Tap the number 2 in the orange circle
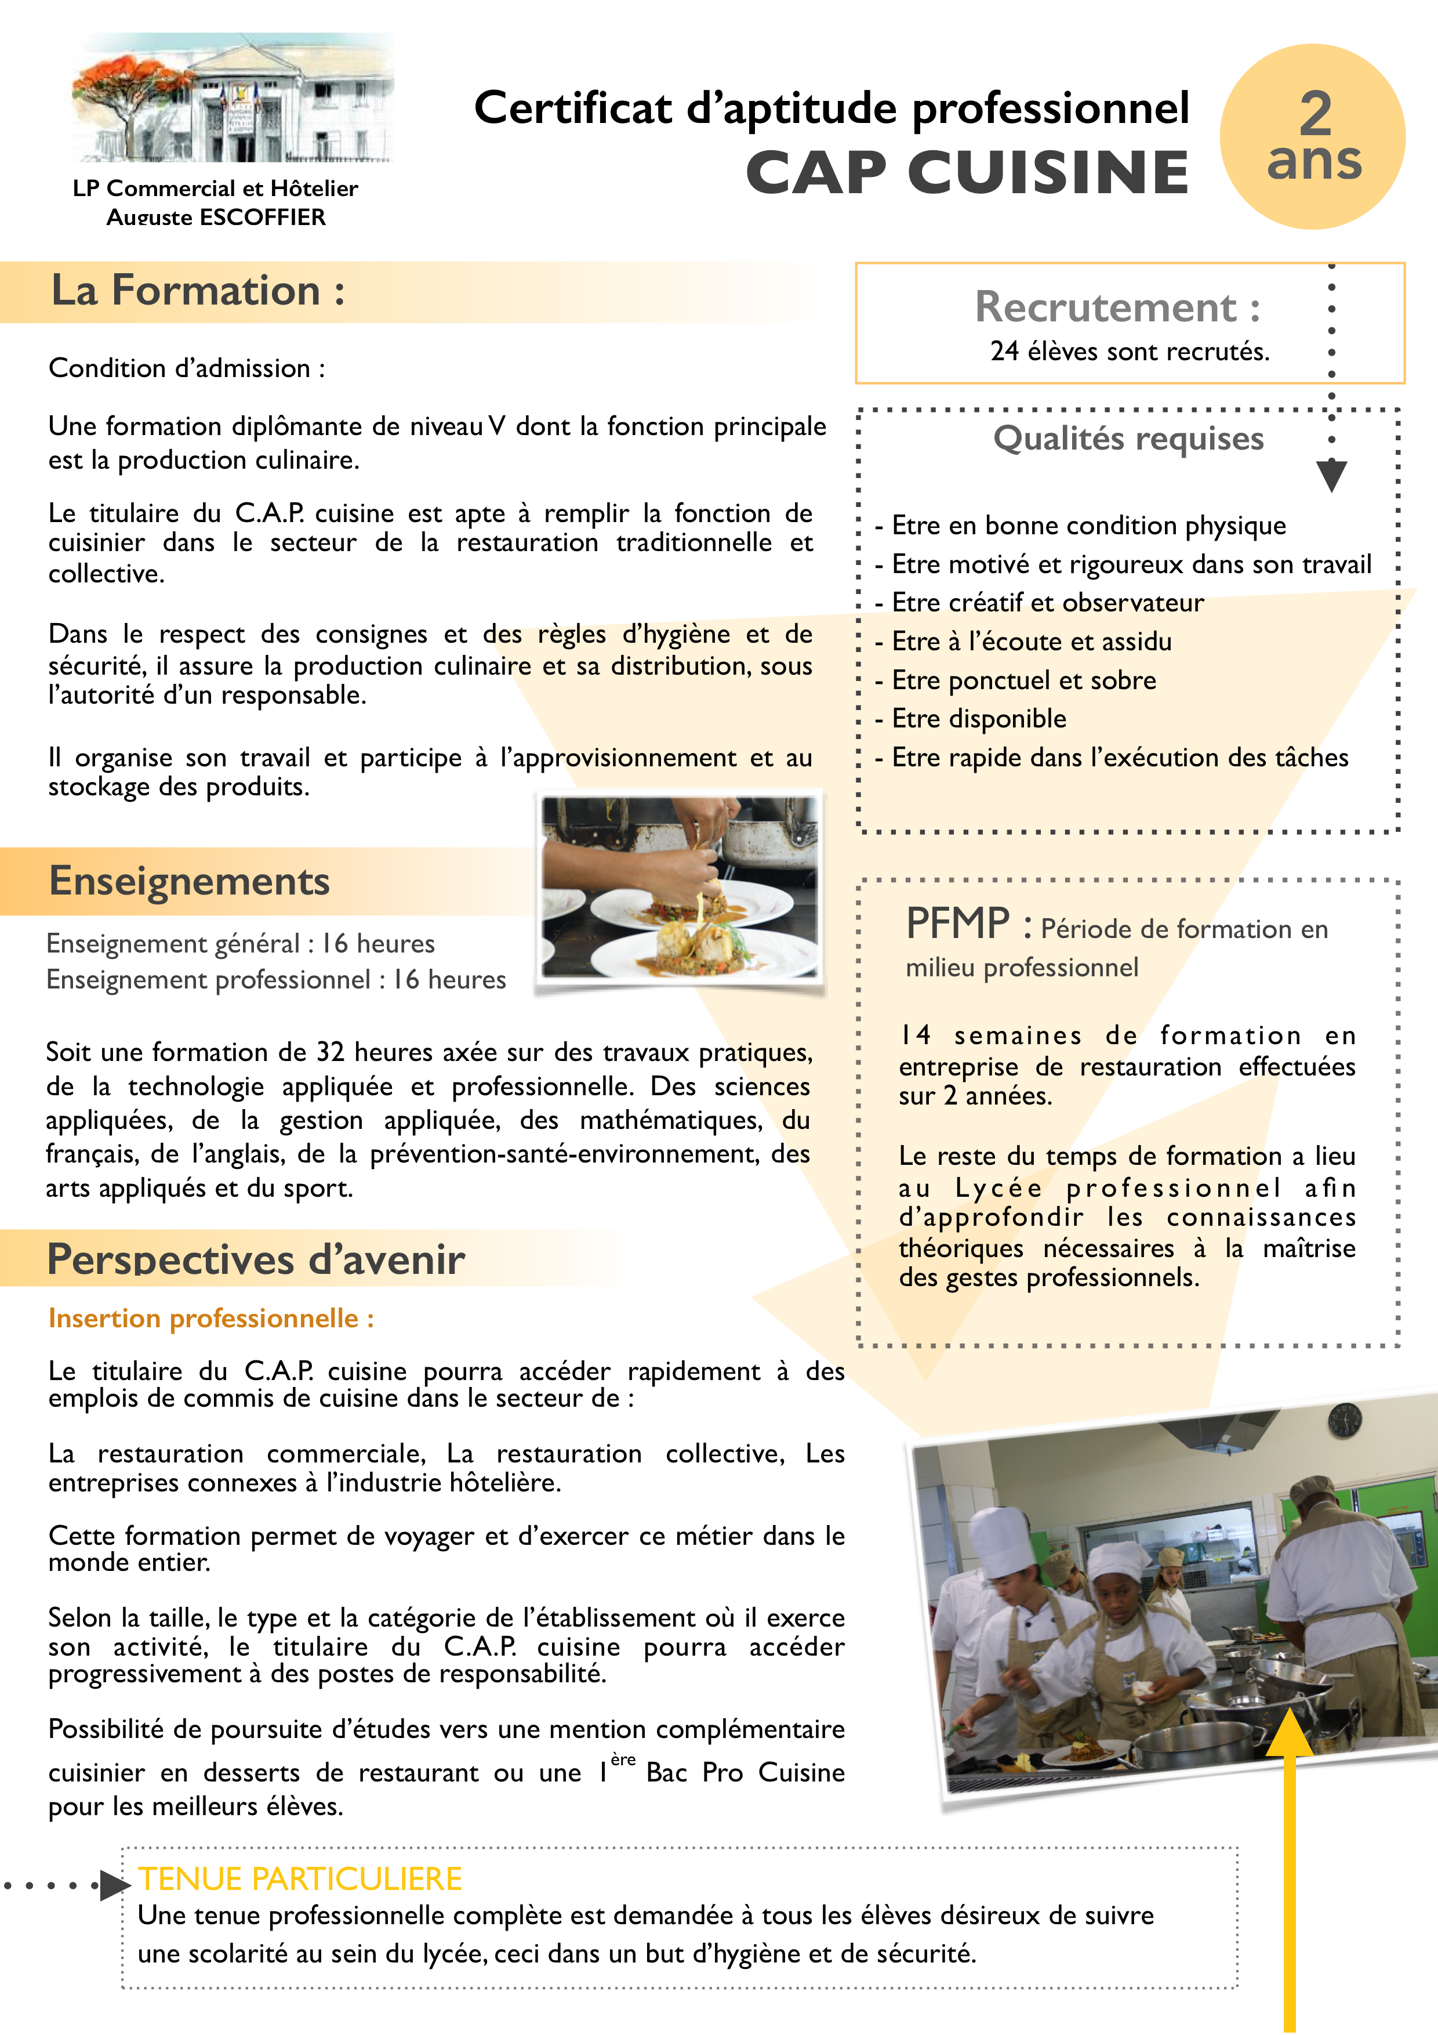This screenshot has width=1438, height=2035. point(1315,113)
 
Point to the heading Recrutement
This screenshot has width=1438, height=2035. point(1116,307)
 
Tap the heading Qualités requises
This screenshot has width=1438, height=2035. point(1128,439)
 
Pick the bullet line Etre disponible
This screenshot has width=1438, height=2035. point(978,719)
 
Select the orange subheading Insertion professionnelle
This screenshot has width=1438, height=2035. point(211,1319)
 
